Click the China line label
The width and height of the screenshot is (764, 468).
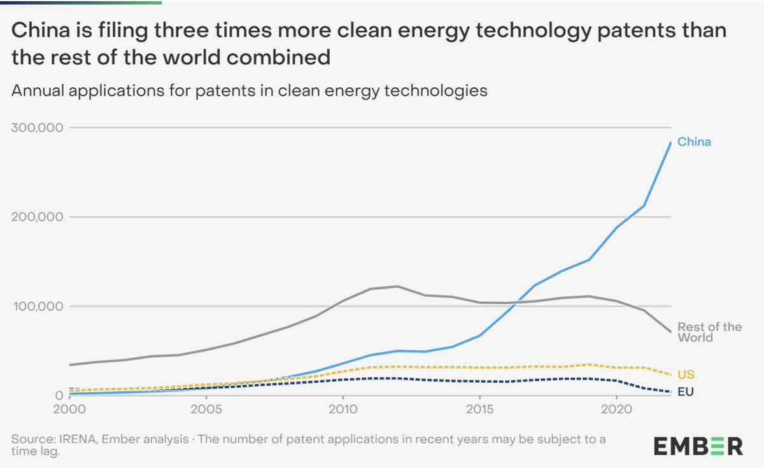[x=693, y=142]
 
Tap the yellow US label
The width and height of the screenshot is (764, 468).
[x=686, y=375]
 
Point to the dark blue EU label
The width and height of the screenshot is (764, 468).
[x=685, y=391]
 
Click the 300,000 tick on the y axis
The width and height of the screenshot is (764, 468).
[x=37, y=127]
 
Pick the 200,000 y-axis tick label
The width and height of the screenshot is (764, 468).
[x=37, y=217]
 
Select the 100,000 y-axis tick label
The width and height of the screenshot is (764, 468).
[x=37, y=306]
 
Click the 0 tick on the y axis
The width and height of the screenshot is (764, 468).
[x=56, y=395]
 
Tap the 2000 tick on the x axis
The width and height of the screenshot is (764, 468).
[x=69, y=408]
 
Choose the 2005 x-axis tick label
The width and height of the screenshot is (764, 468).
[x=206, y=408]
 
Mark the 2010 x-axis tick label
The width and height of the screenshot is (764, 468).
[x=343, y=408]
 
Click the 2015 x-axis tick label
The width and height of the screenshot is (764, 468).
[x=479, y=408]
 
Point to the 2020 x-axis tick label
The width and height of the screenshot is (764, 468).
[x=616, y=408]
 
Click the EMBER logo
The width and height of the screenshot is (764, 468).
[x=697, y=445]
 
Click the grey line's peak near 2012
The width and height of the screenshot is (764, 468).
[x=397, y=287]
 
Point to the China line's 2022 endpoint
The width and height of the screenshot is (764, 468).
[x=670, y=143]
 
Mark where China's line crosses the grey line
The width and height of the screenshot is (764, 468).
[x=513, y=302]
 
